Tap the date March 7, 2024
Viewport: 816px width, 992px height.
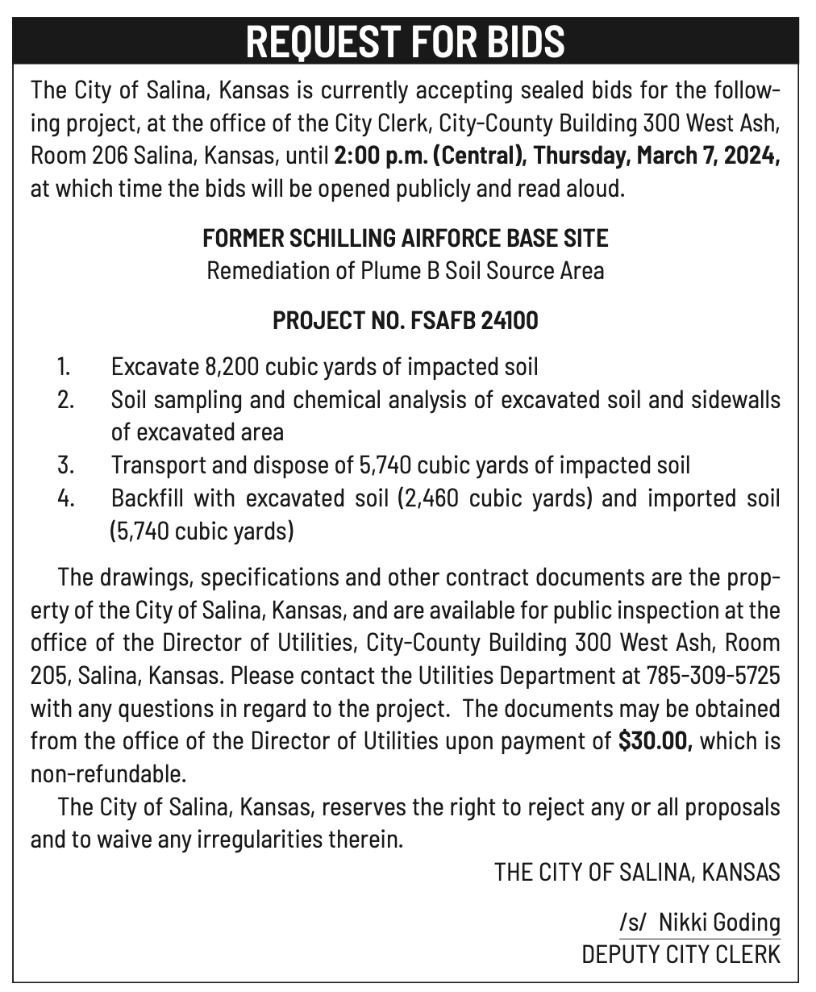click(x=708, y=154)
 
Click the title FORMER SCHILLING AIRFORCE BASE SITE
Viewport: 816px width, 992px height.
click(x=406, y=239)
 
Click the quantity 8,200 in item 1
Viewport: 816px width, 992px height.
click(x=227, y=367)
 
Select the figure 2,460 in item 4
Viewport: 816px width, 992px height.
click(x=428, y=498)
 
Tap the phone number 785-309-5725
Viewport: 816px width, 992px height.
click(x=713, y=675)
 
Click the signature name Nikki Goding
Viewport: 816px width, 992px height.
click(x=719, y=922)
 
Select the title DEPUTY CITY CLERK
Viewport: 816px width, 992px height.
click(x=681, y=954)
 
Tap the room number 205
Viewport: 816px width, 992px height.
click(x=47, y=675)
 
